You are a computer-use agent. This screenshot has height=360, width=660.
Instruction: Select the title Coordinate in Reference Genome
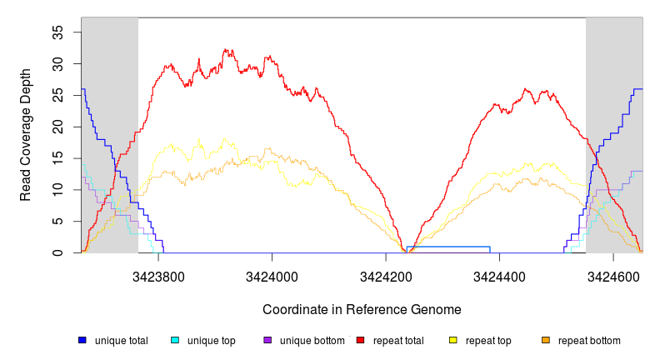362,309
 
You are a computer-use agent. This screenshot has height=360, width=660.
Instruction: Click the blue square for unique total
82,340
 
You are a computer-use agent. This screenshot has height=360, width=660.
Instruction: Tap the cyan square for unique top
175,340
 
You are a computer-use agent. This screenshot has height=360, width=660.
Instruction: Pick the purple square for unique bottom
267,340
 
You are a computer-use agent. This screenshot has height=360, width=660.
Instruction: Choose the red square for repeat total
360,340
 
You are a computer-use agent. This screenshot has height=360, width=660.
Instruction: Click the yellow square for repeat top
453,340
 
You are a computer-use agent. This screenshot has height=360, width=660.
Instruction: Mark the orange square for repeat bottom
546,340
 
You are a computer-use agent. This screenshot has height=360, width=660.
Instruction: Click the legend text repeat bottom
589,340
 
